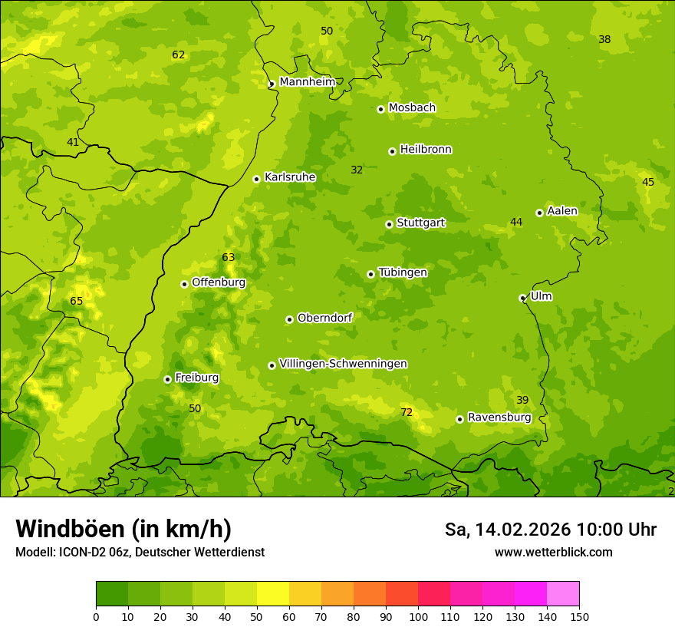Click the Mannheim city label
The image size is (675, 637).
tap(307, 82)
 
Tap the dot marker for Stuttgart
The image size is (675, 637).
tap(389, 224)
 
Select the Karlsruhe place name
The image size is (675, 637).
tap(289, 177)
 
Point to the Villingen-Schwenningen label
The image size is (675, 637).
tap(343, 364)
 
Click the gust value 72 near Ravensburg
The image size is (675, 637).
tap(407, 413)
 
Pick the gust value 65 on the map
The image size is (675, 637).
tap(76, 302)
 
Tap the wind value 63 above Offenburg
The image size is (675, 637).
tap(229, 258)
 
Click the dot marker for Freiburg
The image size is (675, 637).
tap(167, 379)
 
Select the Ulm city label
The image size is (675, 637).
tap(541, 296)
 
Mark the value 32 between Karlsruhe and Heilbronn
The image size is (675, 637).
tap(357, 170)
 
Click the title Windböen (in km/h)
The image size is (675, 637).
tap(123, 529)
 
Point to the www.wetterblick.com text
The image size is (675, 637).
tap(553, 553)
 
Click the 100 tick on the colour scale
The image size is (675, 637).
tap(418, 616)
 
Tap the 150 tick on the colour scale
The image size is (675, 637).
tap(579, 616)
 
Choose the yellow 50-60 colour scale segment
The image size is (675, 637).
tap(273, 593)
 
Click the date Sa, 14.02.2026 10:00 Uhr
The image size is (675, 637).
tap(550, 530)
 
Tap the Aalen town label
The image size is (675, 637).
tap(561, 211)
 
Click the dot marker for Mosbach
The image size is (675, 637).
tap(380, 109)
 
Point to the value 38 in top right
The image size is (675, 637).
tap(604, 39)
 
